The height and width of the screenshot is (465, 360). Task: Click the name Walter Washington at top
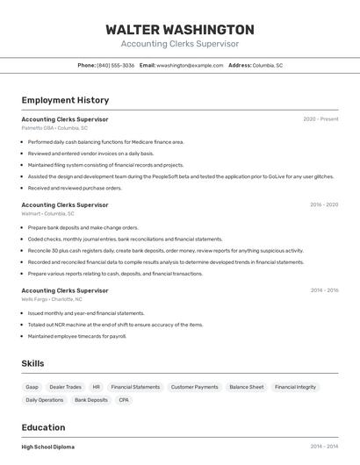[x=179, y=29]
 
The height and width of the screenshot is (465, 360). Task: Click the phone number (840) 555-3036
[x=115, y=65]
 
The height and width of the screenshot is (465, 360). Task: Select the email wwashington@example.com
[x=190, y=65]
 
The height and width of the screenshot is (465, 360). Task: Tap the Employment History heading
[x=65, y=100]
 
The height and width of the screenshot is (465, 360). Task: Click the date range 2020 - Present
[x=320, y=119]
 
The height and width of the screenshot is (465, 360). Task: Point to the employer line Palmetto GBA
[x=54, y=128]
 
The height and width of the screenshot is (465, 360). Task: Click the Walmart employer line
[x=47, y=213]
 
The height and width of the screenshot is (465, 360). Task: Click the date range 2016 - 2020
[x=324, y=204]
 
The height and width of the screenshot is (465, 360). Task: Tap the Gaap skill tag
[x=32, y=387]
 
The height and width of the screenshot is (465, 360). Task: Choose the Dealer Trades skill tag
[x=65, y=387]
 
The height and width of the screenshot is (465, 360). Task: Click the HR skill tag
[x=96, y=387]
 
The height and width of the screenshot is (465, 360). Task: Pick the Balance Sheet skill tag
[x=246, y=387]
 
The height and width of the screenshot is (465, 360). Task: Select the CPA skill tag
[x=124, y=400]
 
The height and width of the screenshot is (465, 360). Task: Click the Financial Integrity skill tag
[x=295, y=387]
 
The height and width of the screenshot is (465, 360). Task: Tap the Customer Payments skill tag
[x=194, y=387]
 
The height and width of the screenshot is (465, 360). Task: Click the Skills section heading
[x=33, y=363]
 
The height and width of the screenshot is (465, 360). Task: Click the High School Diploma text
[x=48, y=447]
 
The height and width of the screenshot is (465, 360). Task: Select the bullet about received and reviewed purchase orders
[x=75, y=188]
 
